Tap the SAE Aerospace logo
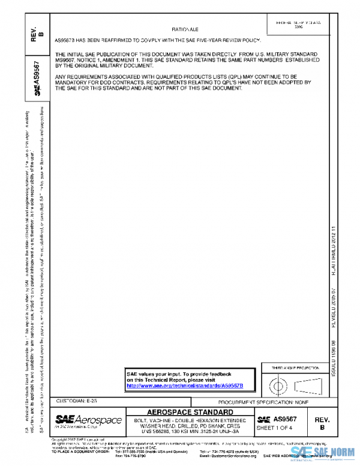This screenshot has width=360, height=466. (88, 420)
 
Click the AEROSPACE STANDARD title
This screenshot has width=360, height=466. (190, 412)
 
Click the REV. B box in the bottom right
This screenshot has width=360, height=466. (322, 423)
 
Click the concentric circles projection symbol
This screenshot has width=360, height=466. (278, 384)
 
